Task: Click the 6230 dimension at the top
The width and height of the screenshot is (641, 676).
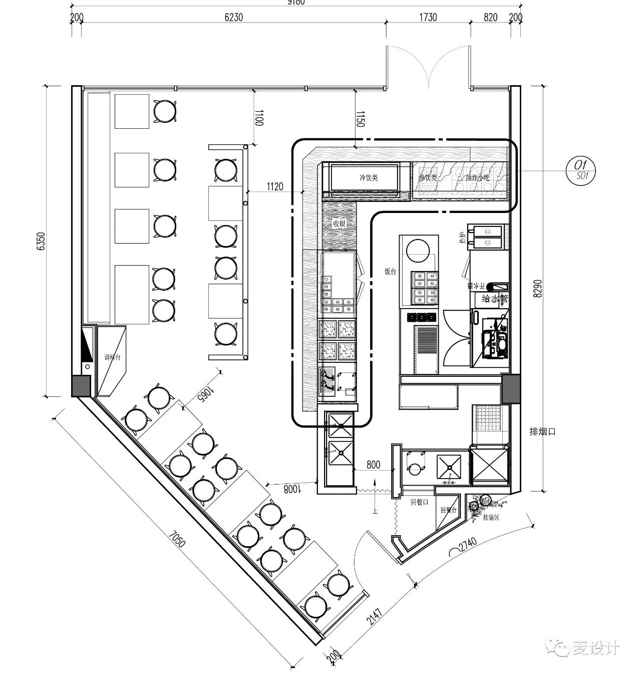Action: pyautogui.click(x=233, y=18)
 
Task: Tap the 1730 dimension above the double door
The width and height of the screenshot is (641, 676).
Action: pyautogui.click(x=427, y=18)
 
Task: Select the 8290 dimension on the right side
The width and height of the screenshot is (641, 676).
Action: pyautogui.click(x=538, y=289)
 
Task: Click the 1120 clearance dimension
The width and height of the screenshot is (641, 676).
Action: pyautogui.click(x=274, y=187)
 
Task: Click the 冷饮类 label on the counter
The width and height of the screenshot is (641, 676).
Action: pyautogui.click(x=369, y=177)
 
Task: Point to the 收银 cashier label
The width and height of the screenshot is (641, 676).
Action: pyautogui.click(x=339, y=223)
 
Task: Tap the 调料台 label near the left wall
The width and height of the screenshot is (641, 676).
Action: pyautogui.click(x=112, y=357)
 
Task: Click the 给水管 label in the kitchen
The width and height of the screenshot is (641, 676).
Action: pyautogui.click(x=494, y=299)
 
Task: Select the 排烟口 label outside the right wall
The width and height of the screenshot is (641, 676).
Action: pyautogui.click(x=543, y=431)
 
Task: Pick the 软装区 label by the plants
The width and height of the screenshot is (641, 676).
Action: pyautogui.click(x=490, y=517)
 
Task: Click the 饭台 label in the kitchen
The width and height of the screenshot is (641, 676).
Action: pyautogui.click(x=390, y=271)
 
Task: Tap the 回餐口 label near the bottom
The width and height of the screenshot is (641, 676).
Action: pyautogui.click(x=419, y=502)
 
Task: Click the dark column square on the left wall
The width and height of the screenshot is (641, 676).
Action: pyautogui.click(x=82, y=386)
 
